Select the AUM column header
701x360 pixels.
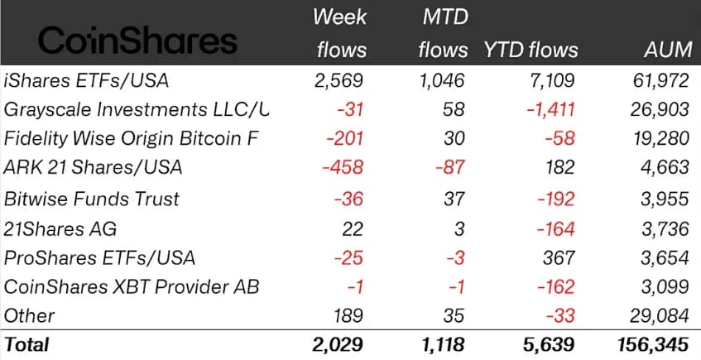667,50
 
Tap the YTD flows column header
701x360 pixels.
531,50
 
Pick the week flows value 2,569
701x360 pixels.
340,80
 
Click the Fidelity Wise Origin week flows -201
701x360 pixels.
348,138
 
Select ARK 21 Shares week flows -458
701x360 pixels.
344,167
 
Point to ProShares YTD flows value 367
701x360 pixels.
559,257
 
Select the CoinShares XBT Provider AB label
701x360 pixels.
131,286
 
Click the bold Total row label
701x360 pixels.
26,344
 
